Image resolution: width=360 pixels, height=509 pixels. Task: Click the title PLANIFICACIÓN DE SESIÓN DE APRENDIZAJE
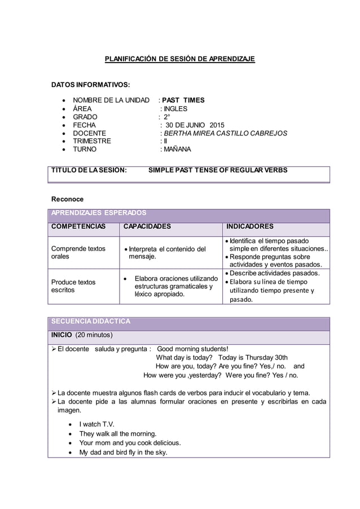click(180, 59)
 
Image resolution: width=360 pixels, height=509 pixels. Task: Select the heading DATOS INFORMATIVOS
click(91, 85)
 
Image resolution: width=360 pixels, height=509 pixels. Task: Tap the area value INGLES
click(175, 109)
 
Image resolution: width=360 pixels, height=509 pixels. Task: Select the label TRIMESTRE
click(92, 141)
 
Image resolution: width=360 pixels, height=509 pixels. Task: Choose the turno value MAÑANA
click(177, 150)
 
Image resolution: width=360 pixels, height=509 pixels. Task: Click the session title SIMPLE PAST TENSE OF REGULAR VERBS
click(217, 170)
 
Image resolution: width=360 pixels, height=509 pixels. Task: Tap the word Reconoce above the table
click(67, 199)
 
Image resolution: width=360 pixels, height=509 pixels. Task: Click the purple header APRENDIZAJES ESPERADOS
click(99, 213)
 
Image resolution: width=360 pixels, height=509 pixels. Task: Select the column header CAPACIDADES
click(147, 226)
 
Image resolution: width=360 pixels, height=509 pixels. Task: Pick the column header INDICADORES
click(249, 226)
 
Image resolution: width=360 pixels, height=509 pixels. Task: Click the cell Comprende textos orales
click(78, 252)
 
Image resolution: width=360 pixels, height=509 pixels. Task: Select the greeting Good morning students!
click(192, 349)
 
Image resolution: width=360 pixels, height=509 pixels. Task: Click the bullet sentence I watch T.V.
click(96, 424)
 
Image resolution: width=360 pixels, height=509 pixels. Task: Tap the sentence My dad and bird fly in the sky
click(123, 452)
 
